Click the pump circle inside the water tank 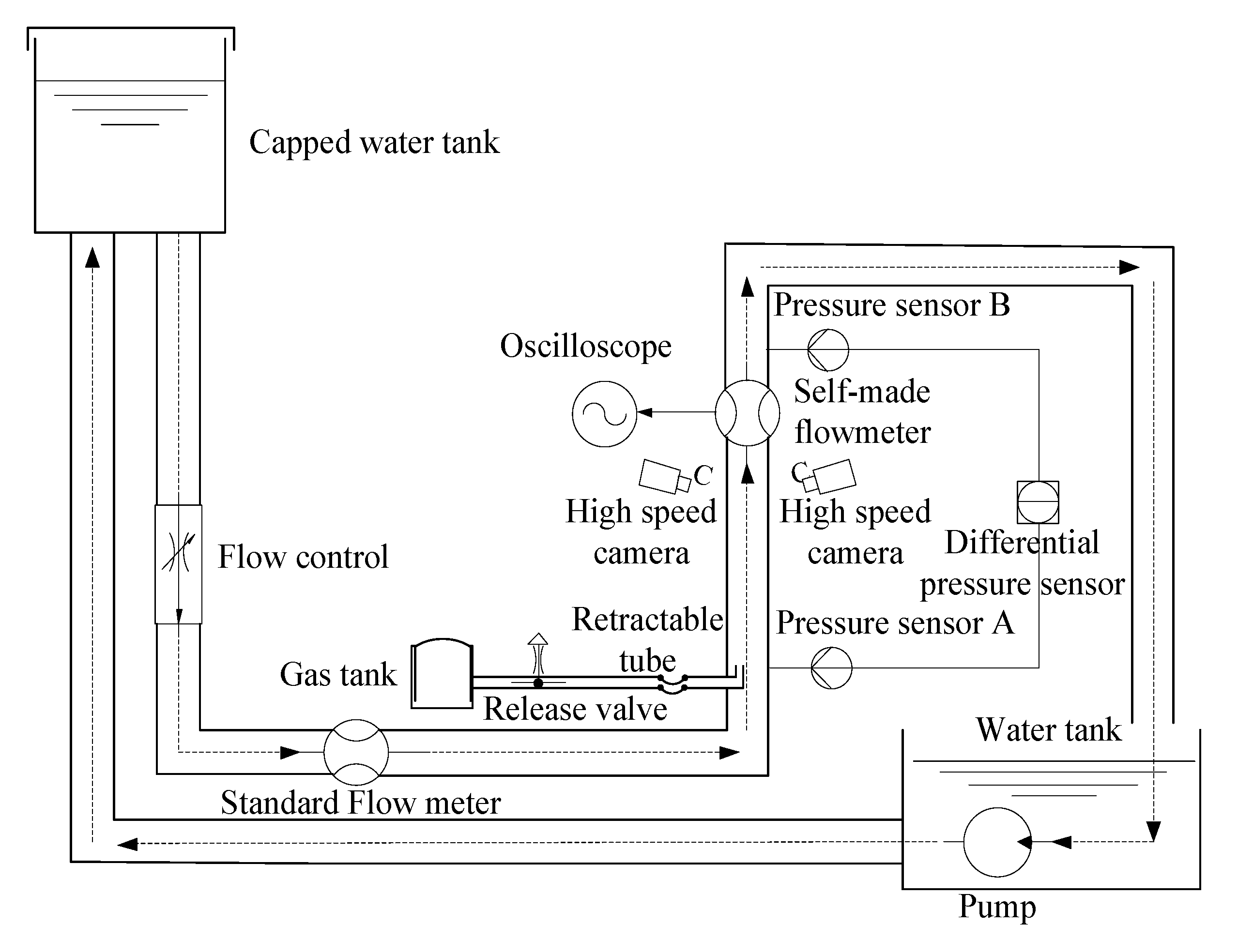click(997, 842)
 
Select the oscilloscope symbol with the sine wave click(604, 413)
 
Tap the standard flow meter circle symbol click(356, 752)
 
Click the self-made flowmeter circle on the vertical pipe click(747, 413)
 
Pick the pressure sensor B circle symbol click(828, 349)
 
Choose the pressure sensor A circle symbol click(831, 667)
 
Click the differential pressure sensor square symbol click(1038, 502)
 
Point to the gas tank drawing click(442, 674)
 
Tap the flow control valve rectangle click(179, 563)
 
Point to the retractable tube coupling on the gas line click(672, 684)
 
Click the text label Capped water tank click(374, 143)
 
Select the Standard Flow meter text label click(360, 803)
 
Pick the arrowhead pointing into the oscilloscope click(644, 412)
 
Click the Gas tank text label click(338, 674)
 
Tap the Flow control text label click(303, 557)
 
